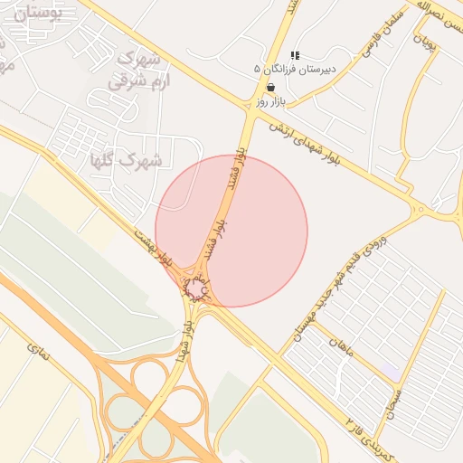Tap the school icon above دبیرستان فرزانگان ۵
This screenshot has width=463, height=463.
(295, 55)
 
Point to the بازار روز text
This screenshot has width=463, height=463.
(270, 102)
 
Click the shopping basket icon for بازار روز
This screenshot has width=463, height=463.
(271, 88)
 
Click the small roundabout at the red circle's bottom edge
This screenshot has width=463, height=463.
(196, 289)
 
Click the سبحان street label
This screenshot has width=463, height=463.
(403, 395)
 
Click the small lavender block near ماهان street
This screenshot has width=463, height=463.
(391, 372)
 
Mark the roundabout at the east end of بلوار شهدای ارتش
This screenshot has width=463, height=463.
(420, 211)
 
